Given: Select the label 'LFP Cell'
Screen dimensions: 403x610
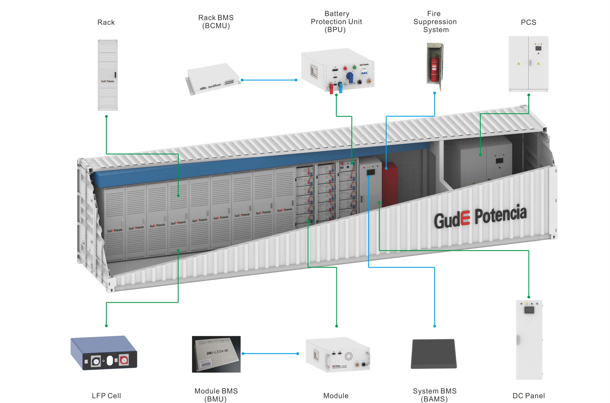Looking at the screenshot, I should [106, 396].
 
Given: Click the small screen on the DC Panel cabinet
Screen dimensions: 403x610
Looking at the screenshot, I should [529, 310].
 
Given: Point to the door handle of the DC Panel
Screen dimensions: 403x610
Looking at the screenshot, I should [518, 340].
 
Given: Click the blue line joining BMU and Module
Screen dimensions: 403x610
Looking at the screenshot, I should [270, 354].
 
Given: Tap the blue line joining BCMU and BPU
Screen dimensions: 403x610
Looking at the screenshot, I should [269, 80].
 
